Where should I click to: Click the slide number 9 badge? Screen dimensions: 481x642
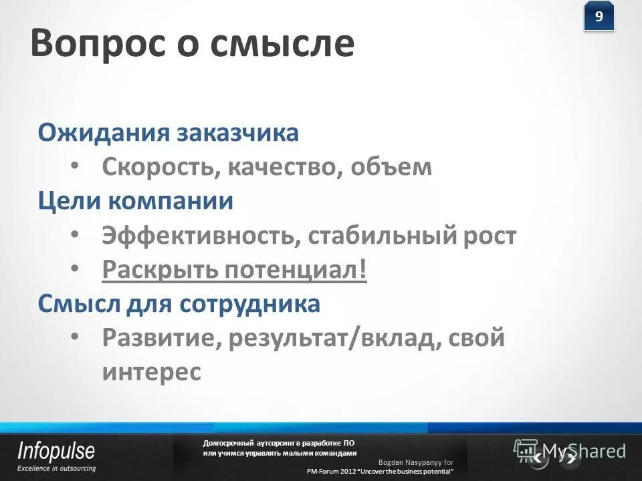[x=599, y=17]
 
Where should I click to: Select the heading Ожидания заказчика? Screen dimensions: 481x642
[x=168, y=132]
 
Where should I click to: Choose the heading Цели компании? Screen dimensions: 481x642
[x=135, y=201]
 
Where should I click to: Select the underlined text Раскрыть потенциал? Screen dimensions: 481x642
[x=235, y=271]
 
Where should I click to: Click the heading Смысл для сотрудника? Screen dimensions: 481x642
[x=179, y=304]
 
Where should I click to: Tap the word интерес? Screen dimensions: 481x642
[x=151, y=371]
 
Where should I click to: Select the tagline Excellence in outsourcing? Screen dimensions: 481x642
[x=56, y=468]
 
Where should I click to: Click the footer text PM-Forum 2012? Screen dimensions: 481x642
[x=331, y=472]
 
